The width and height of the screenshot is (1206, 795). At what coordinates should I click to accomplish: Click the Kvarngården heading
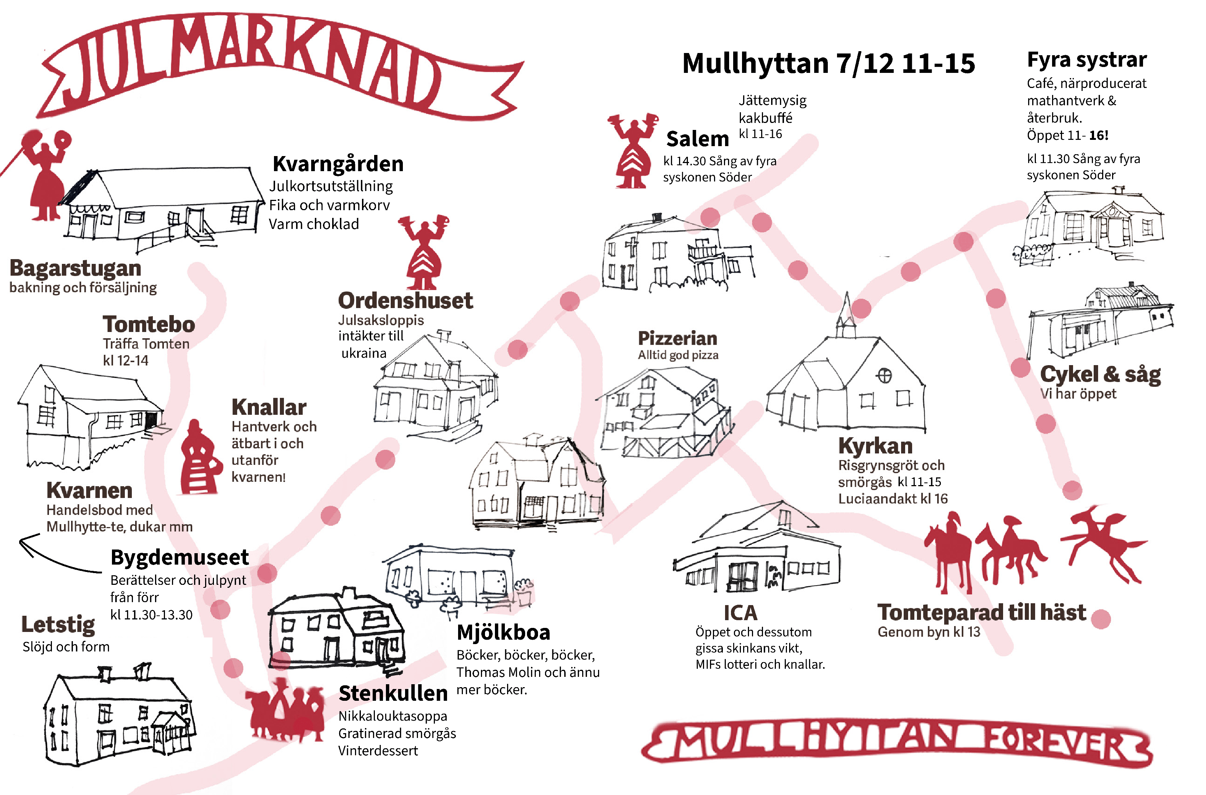(338, 164)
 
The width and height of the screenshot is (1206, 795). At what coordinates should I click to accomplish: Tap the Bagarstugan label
(75, 268)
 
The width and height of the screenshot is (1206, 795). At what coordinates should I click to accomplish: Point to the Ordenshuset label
(405, 301)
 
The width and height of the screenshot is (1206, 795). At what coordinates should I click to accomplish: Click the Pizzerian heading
(678, 338)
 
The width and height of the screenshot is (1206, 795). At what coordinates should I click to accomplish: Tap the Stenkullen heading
(393, 693)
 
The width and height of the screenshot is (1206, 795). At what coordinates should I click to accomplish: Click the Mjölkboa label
(503, 632)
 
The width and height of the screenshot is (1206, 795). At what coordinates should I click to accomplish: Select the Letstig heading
(58, 625)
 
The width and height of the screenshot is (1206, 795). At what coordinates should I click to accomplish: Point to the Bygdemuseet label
(180, 557)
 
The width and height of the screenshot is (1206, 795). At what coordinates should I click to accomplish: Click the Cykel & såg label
(1100, 375)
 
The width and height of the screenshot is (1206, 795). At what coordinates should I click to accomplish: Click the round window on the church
(884, 376)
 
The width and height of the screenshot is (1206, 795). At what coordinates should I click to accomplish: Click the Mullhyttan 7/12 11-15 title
(828, 63)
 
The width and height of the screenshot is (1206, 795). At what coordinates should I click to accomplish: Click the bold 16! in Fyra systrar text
(1098, 135)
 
